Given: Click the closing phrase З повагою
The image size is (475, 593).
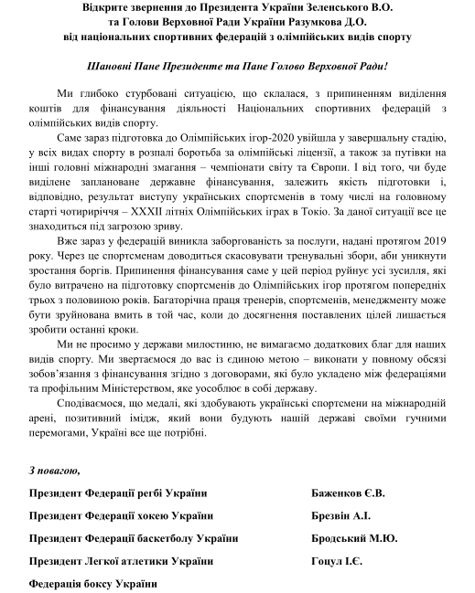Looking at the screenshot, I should coord(54,471).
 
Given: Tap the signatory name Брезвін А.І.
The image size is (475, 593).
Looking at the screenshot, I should coord(342,516).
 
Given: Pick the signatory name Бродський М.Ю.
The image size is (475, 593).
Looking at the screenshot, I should coord(354,538).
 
